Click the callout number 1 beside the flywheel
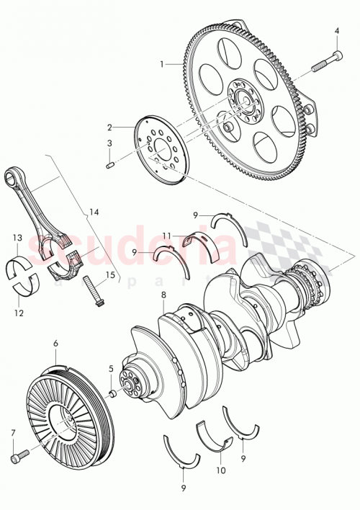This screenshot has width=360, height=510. click(x=163, y=64)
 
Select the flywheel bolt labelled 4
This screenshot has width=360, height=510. click(x=328, y=62)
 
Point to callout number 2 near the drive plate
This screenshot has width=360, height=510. click(x=110, y=125)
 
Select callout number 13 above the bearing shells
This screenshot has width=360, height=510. click(x=16, y=237)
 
